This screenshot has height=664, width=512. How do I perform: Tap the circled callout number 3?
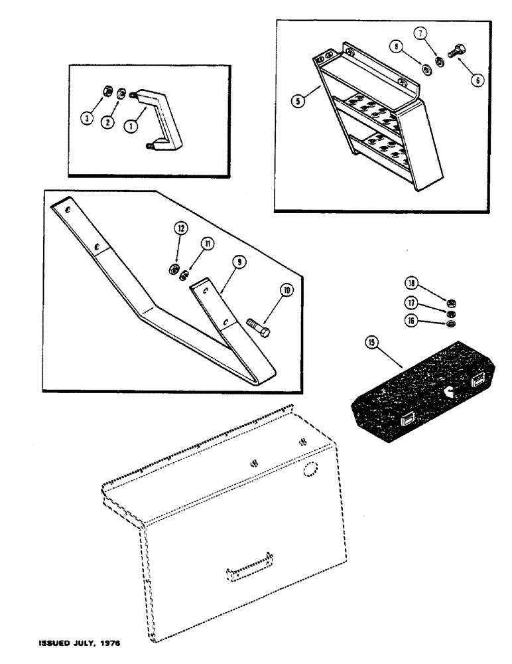pyautogui.click(x=86, y=118)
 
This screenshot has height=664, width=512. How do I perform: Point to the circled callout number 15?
pyautogui.click(x=371, y=343)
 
